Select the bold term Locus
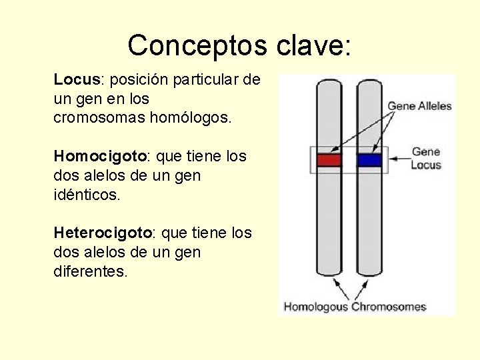(76, 80)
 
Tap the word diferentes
(89, 272)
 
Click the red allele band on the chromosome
(329, 160)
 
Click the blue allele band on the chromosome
(369, 160)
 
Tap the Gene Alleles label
(419, 106)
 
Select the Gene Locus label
(425, 158)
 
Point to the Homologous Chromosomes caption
(355, 307)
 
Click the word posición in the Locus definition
(139, 80)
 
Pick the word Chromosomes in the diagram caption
(389, 307)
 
